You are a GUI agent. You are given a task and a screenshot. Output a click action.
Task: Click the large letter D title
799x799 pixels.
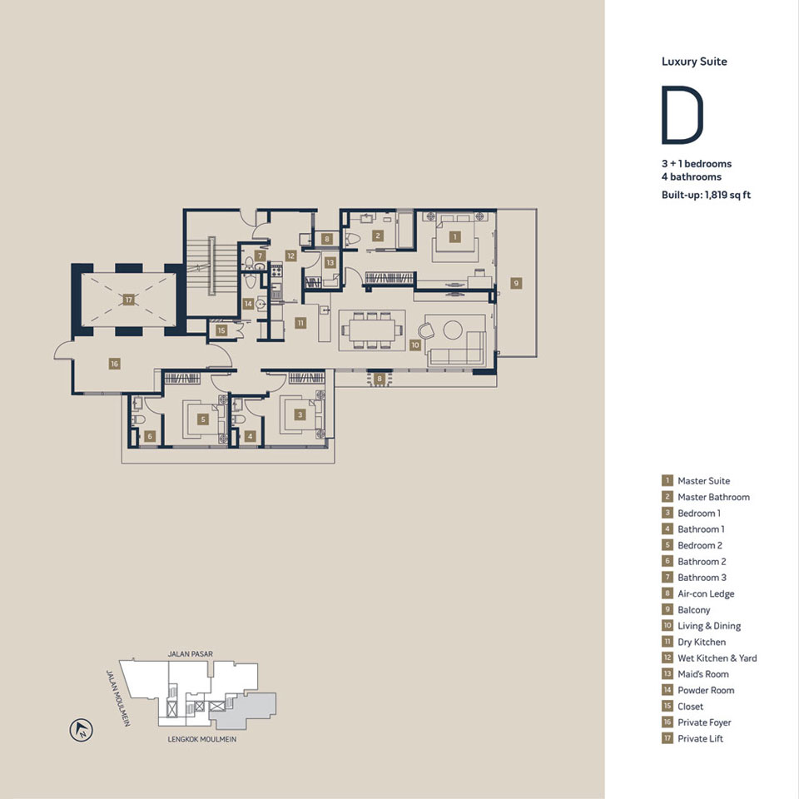tap(682, 115)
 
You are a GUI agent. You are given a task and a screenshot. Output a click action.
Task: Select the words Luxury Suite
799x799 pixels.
tap(694, 62)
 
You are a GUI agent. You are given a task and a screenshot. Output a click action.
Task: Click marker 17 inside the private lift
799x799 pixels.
tap(128, 299)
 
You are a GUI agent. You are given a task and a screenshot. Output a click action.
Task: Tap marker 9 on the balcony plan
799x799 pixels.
tap(516, 283)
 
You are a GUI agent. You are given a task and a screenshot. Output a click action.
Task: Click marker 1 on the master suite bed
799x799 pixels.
tap(454, 236)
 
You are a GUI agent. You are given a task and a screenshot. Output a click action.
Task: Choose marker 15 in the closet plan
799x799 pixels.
tap(221, 330)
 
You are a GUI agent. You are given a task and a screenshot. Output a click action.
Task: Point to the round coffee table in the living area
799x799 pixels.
tap(452, 330)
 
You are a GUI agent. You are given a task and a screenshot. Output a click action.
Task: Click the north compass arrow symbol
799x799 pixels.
tap(82, 731)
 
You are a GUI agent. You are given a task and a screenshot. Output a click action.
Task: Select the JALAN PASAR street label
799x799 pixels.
tap(191, 655)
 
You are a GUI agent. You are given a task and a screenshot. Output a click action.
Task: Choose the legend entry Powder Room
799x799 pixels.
tap(706, 690)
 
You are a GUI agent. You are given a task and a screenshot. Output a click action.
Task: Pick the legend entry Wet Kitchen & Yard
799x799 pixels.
tap(717, 658)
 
